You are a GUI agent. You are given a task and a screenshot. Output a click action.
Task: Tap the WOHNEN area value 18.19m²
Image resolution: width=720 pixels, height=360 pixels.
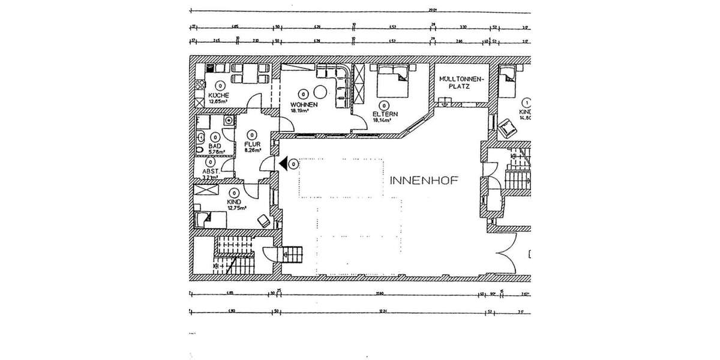click(x=299, y=111)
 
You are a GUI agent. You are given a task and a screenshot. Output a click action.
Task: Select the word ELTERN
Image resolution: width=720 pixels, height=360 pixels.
click(x=382, y=113)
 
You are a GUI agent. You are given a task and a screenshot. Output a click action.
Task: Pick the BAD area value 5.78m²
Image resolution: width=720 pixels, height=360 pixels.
click(x=216, y=152)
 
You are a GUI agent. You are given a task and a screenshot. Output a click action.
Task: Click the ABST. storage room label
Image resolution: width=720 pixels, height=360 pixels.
click(x=211, y=170)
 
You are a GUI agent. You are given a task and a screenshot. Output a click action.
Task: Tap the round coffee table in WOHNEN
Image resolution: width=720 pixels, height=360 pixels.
click(x=320, y=91)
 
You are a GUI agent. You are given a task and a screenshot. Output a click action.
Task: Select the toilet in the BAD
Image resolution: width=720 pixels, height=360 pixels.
click(x=199, y=145)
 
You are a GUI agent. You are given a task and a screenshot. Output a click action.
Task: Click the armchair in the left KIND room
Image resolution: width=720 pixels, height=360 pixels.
click(x=263, y=220)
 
